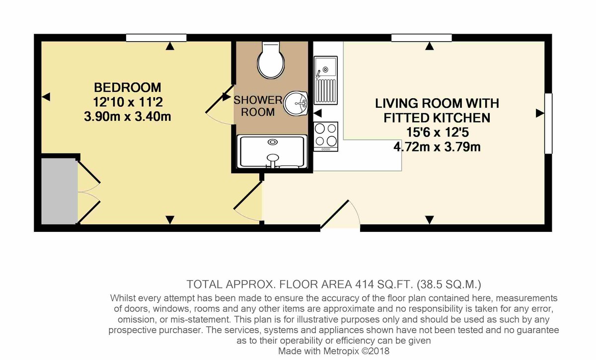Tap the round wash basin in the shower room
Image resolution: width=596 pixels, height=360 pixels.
point(298,104)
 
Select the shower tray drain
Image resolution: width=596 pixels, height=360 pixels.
point(273,143)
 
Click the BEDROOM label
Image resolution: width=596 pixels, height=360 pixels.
point(128,88)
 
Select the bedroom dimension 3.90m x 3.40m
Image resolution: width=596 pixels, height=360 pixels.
point(128,117)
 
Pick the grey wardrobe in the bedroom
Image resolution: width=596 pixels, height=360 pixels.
point(59,191)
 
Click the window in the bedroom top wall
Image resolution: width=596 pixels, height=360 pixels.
point(156,38)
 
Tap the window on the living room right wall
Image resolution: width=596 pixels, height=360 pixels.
point(548,123)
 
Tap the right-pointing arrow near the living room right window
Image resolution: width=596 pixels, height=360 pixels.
point(538,114)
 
